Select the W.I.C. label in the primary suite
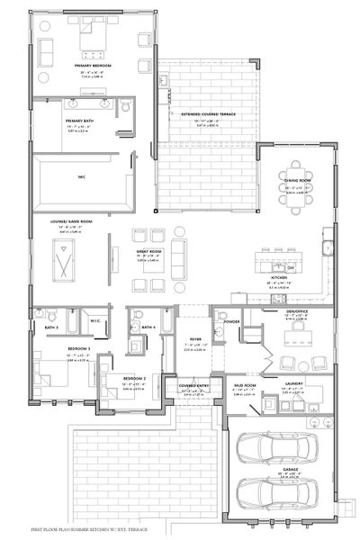pyautogui.click(x=81, y=175)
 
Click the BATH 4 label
pyautogui.click(x=148, y=326)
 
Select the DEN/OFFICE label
pyautogui.click(x=298, y=314)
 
